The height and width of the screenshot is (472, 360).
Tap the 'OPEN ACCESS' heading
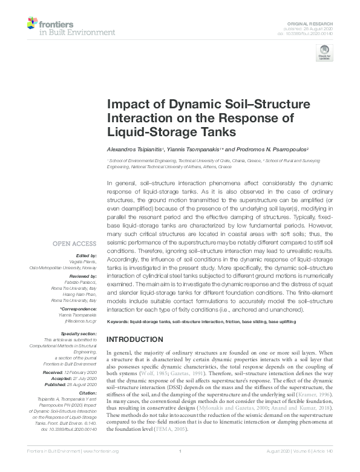pos(75,244)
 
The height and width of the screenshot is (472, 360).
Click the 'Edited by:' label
pos(86,257)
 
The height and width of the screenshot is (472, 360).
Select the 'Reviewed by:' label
pos(82,274)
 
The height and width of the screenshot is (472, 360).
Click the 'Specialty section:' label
pos(79,333)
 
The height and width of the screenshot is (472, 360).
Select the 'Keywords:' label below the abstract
pos(117,321)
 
